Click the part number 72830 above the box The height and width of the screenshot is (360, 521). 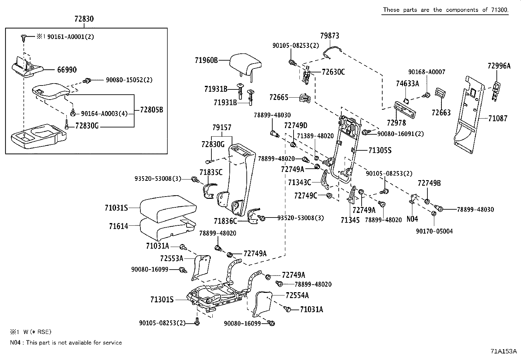click(84, 19)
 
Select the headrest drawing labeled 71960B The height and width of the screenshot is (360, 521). click(245, 64)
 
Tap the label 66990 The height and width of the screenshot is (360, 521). click(67, 70)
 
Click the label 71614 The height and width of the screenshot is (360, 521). click(118, 226)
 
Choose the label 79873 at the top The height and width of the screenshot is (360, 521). click(330, 36)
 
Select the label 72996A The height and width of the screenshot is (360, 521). click(499, 66)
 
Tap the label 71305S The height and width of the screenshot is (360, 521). click(380, 150)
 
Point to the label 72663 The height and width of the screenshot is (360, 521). click(441, 113)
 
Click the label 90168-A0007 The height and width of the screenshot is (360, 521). click(427, 72)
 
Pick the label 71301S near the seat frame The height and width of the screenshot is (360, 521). click(162, 300)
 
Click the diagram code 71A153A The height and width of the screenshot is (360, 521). click(503, 351)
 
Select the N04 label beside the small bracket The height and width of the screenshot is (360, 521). click(412, 219)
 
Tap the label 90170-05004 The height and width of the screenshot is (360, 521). click(434, 231)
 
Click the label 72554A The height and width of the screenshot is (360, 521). click(297, 295)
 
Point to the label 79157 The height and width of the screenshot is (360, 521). click(222, 127)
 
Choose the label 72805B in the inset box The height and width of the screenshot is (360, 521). click(151, 110)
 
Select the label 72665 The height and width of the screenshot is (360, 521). click(279, 97)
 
